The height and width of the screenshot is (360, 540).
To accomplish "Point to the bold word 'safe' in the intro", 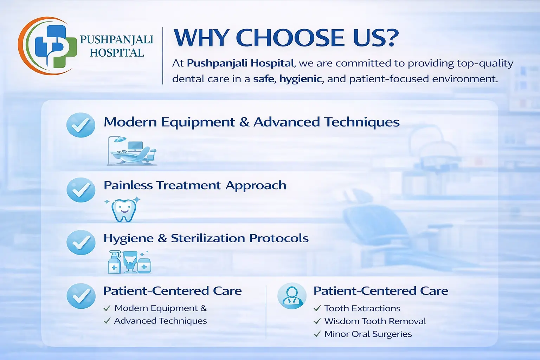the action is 264,79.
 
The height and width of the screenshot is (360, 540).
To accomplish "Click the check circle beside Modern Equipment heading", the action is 81,125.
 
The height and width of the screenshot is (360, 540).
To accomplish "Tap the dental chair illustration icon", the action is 131,151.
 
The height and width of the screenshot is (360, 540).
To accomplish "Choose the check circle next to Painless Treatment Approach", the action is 81,190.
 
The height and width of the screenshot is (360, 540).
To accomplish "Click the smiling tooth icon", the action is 123,210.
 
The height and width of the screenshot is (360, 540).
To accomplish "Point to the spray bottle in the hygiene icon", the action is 114,262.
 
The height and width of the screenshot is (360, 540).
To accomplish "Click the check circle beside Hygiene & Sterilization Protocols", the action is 81,242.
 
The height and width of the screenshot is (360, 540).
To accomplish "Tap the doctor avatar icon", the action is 292,296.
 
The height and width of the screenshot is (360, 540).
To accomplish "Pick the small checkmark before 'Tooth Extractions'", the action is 317,308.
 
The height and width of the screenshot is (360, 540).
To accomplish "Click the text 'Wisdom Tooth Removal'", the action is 375,321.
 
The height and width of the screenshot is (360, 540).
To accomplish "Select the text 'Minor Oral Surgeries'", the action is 368,334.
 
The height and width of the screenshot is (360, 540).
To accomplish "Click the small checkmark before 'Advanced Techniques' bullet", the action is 107,321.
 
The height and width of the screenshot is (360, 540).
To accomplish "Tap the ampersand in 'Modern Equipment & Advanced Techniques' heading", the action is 244,122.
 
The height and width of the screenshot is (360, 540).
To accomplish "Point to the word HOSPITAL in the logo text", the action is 117,53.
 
